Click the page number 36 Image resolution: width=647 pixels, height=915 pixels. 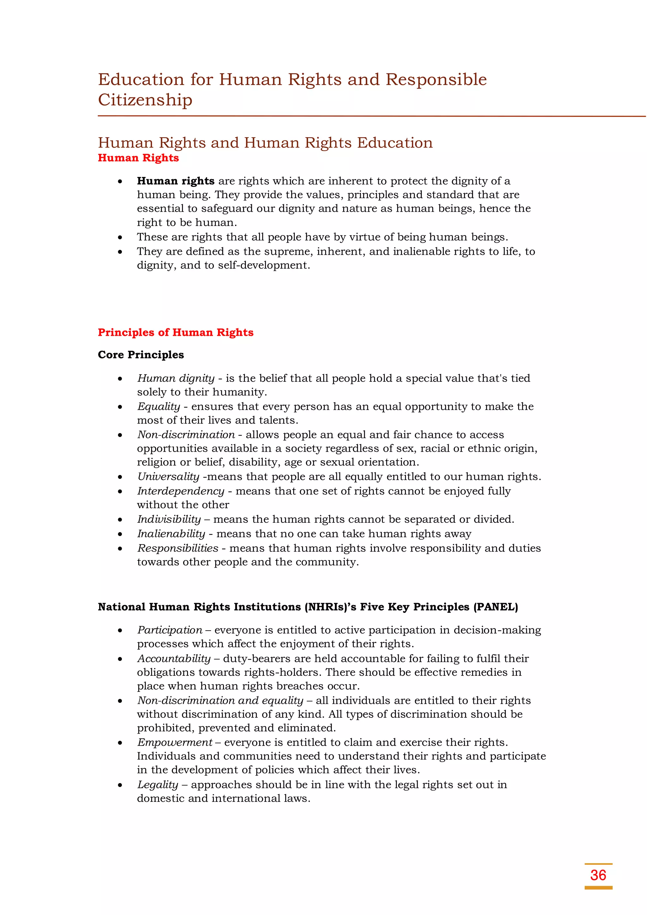click(598, 875)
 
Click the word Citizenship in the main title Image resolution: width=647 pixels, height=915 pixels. click(145, 100)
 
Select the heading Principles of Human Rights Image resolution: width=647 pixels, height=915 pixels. click(175, 332)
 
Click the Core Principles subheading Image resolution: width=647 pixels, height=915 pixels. click(141, 355)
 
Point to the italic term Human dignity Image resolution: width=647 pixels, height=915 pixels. click(176, 378)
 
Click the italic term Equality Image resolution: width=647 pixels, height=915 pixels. click(159, 406)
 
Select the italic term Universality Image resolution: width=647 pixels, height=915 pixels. click(168, 477)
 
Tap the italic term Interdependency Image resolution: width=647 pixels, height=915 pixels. click(180, 491)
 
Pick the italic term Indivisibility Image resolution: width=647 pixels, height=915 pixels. click(169, 519)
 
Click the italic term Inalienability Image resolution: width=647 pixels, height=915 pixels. click(171, 534)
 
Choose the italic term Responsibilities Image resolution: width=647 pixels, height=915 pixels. click(178, 548)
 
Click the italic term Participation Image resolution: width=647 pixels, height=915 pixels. click(170, 630)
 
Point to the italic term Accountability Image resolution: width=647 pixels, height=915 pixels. click(174, 658)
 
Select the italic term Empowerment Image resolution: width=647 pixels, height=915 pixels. click(174, 742)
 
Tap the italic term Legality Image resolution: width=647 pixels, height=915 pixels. click(157, 785)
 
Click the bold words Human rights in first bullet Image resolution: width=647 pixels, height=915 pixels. click(176, 181)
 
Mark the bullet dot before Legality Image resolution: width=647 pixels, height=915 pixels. click(120, 785)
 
